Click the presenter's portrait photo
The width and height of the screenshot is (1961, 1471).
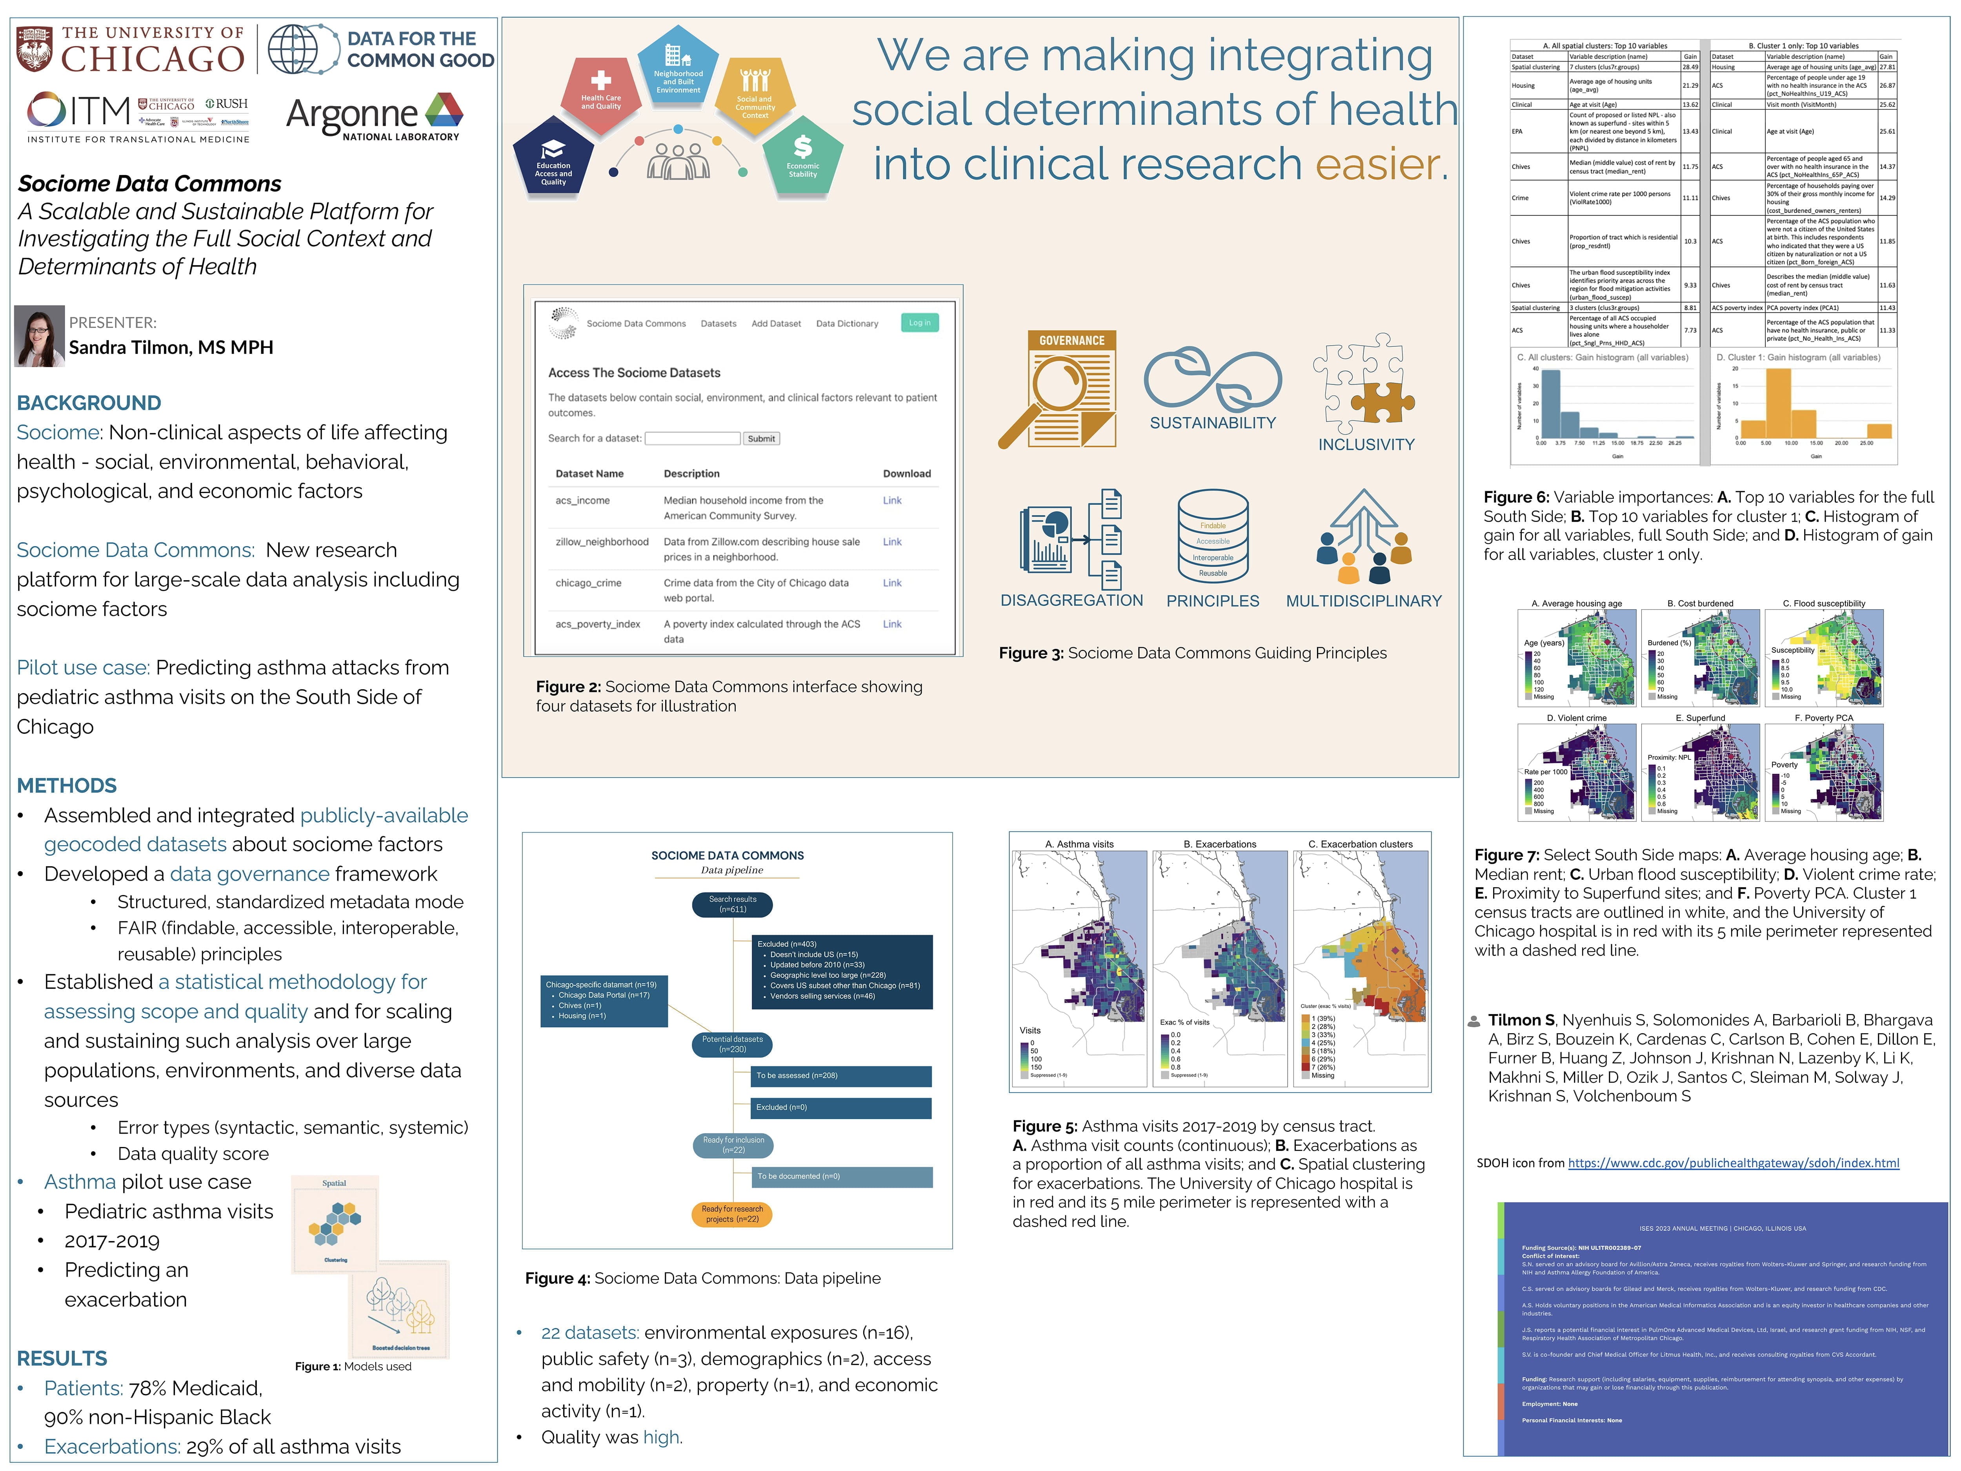pyautogui.click(x=40, y=336)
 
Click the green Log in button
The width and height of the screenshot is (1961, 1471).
pyautogui.click(x=919, y=323)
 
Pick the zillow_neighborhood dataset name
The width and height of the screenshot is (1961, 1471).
pyautogui.click(x=602, y=542)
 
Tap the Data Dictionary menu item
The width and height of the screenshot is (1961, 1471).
pyautogui.click(x=847, y=324)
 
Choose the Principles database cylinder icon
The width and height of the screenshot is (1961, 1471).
pyautogui.click(x=1213, y=537)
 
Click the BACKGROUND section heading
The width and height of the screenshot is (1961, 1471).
pyautogui.click(x=89, y=402)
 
